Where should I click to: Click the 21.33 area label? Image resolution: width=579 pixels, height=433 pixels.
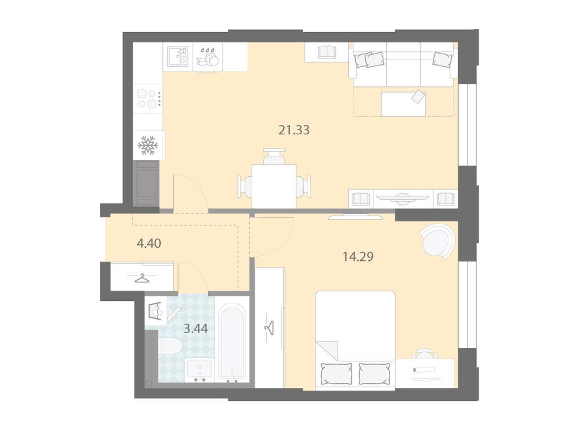(294, 130)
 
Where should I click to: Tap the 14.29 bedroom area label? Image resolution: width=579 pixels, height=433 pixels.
(358, 256)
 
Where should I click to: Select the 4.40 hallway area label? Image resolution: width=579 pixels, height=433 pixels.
(149, 243)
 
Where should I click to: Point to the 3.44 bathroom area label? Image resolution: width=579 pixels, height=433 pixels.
(196, 328)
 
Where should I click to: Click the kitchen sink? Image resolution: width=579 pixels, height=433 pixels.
(178, 56)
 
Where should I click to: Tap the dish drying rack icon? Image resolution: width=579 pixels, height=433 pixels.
(208, 57)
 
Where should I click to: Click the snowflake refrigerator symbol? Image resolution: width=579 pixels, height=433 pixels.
(148, 145)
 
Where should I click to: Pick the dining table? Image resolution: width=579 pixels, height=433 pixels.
(274, 186)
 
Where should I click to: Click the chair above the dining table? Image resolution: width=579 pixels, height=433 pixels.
(274, 157)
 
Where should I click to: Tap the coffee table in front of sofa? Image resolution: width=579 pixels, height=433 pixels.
(403, 104)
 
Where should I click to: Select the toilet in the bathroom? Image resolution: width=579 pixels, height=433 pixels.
(170, 347)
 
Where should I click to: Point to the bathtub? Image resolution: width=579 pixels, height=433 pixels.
(231, 341)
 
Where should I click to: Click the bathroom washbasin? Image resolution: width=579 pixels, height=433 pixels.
(200, 370)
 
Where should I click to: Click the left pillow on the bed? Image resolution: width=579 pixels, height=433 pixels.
(336, 373)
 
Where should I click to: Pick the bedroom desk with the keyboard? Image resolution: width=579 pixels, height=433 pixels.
(425, 373)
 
